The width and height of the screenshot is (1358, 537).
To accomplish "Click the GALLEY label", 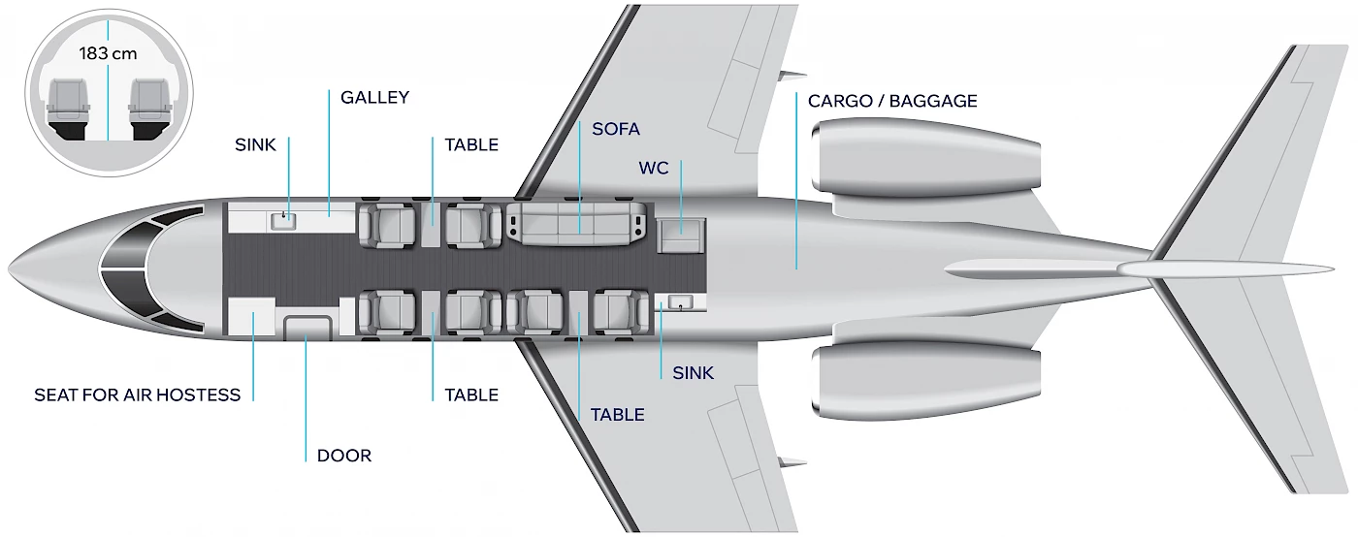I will click(374, 98).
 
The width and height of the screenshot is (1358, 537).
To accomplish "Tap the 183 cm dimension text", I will click(109, 55).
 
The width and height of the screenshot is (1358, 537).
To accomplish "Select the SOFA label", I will click(616, 129).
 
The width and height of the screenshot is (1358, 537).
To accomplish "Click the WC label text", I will click(654, 168).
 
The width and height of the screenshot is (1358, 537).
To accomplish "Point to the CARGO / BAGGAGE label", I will click(892, 101).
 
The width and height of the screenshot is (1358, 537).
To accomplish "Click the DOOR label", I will click(343, 456).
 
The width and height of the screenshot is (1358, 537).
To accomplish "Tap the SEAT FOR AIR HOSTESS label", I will click(137, 395).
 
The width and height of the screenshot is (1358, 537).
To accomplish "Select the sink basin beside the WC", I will click(680, 303).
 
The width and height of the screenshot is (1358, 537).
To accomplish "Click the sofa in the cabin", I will click(579, 222).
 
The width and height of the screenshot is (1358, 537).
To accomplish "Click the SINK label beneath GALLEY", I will click(255, 145).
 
